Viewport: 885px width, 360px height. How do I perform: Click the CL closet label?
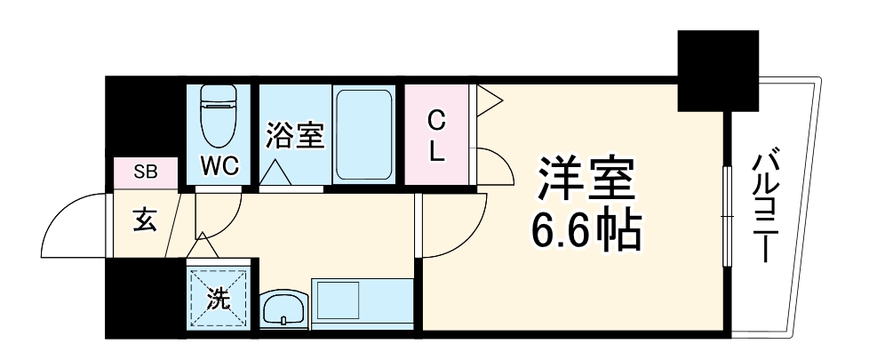pos(436,135)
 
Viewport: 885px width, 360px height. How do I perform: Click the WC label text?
pos(219,165)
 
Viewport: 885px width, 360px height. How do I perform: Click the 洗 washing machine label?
pos(218,300)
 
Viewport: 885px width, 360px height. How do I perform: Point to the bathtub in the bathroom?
pos(364,133)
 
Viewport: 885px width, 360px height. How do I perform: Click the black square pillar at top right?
pos(719,71)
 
